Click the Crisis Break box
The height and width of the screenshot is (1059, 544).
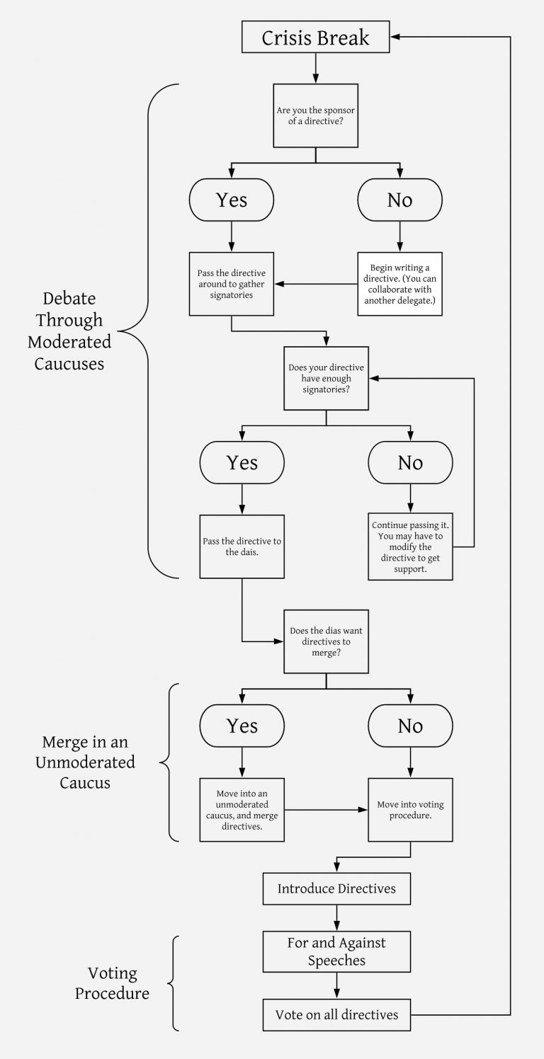coord(315,37)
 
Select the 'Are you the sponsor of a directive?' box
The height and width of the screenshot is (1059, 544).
coord(315,115)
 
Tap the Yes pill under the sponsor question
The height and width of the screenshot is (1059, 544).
coord(232,200)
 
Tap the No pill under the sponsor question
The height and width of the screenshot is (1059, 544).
coord(399,200)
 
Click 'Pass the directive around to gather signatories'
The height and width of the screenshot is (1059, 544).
coord(232,284)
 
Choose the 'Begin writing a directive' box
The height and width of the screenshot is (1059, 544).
coord(399,284)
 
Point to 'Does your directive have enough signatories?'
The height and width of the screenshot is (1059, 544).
coord(326,378)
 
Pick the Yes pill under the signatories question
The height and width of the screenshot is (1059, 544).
coord(242,462)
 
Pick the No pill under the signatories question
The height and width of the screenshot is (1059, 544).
coord(410,462)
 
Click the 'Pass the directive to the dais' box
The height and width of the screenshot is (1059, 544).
coord(242,546)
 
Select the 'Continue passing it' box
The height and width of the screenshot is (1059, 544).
coord(410,546)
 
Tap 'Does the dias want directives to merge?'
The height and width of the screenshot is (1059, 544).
coord(326,641)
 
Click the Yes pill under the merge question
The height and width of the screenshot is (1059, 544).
coord(242,726)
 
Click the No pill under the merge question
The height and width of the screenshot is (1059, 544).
coord(410,726)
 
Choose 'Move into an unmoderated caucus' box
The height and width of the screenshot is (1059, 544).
coord(242,810)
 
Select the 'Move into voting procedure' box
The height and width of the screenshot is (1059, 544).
coord(410,810)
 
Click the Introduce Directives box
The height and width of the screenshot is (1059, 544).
coord(336,888)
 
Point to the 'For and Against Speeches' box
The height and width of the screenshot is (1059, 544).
coord(336,951)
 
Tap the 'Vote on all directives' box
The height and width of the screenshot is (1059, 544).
coord(336,1015)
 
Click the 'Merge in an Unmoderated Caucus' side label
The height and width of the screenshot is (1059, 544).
coord(88,762)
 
